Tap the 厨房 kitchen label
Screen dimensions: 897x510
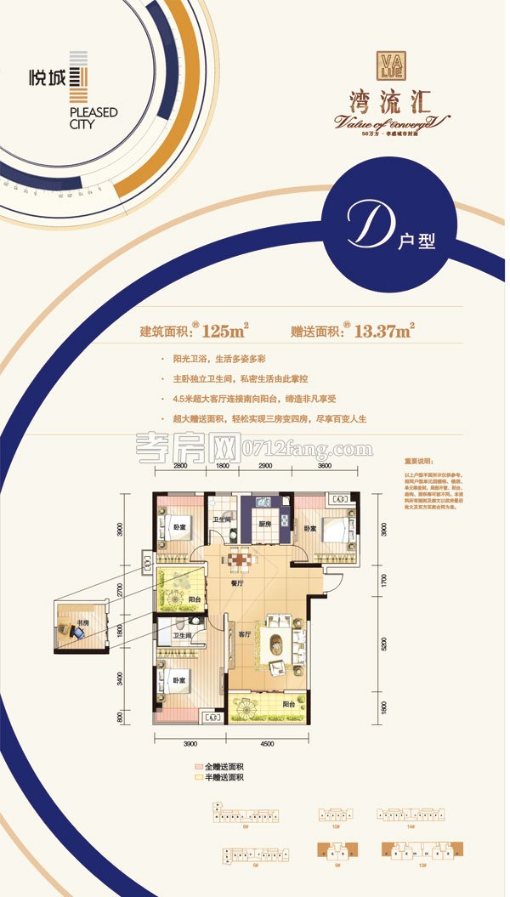[x=263, y=525]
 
